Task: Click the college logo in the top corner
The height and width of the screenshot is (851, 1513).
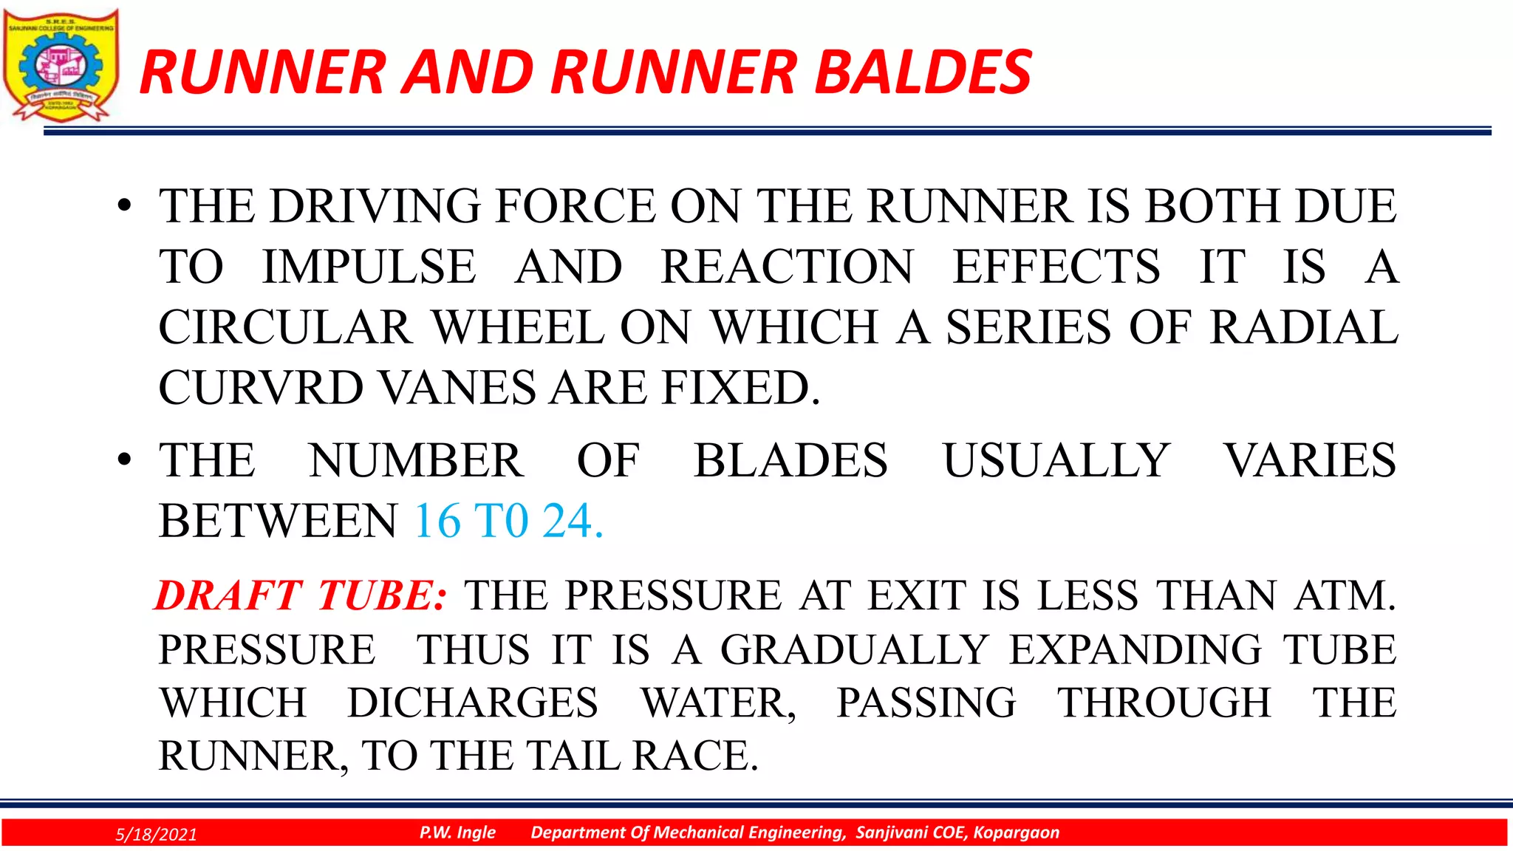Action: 61,65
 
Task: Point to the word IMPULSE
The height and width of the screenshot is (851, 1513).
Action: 369,267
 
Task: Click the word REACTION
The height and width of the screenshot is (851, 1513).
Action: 787,267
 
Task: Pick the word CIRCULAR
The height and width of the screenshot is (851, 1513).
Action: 284,327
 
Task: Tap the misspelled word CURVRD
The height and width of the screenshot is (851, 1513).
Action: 260,388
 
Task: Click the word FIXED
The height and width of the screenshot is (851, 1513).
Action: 740,388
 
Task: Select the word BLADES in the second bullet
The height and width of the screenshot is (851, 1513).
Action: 790,461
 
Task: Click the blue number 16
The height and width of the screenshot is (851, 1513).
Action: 437,522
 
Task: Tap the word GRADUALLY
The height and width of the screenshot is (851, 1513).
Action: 854,650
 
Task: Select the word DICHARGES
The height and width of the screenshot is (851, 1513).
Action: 473,703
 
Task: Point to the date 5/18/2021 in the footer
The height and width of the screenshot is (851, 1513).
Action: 157,835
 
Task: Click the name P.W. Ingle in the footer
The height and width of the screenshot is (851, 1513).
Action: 457,833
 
